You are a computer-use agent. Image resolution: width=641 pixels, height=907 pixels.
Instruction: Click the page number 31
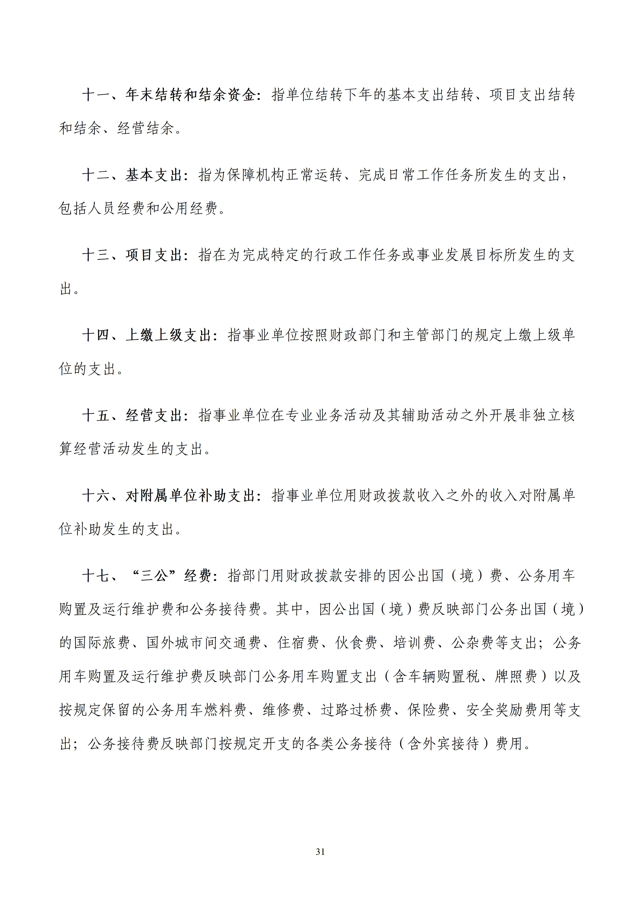(320, 852)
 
